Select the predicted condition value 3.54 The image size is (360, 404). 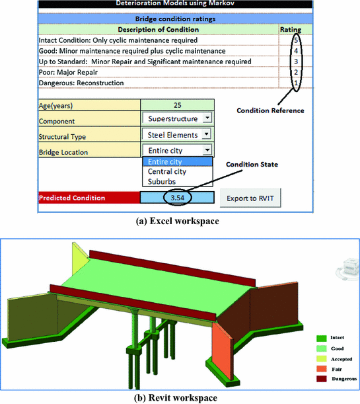pos(177,197)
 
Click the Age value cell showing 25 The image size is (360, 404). pos(177,104)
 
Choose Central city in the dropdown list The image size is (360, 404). pos(167,171)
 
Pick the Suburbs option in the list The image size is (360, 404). pos(161,181)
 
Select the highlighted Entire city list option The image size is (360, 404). pos(166,161)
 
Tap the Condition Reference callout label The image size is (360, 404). pos(270,110)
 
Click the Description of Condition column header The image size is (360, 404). pos(157,30)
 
